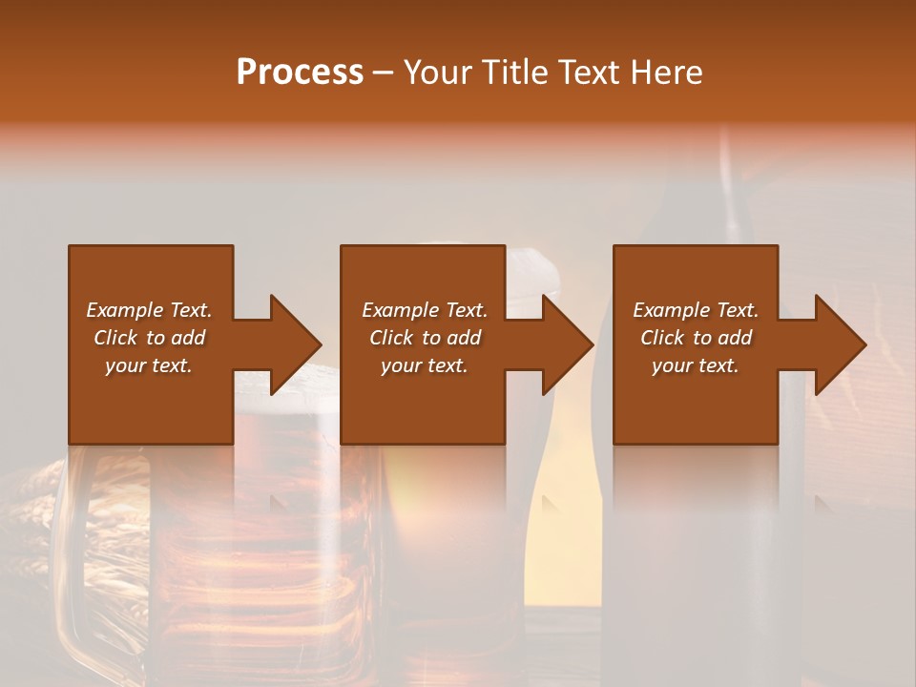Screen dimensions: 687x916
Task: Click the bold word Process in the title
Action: (x=300, y=73)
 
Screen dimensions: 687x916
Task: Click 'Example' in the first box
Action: (x=123, y=310)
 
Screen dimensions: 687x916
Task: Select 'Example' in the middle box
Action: (x=399, y=310)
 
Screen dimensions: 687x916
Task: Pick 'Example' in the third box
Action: (x=670, y=310)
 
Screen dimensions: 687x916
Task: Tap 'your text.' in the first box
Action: (x=149, y=365)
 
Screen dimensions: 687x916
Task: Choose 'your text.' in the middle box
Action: (x=424, y=365)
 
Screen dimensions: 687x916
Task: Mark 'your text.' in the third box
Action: (x=695, y=365)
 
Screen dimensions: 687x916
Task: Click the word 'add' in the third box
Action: (x=734, y=338)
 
